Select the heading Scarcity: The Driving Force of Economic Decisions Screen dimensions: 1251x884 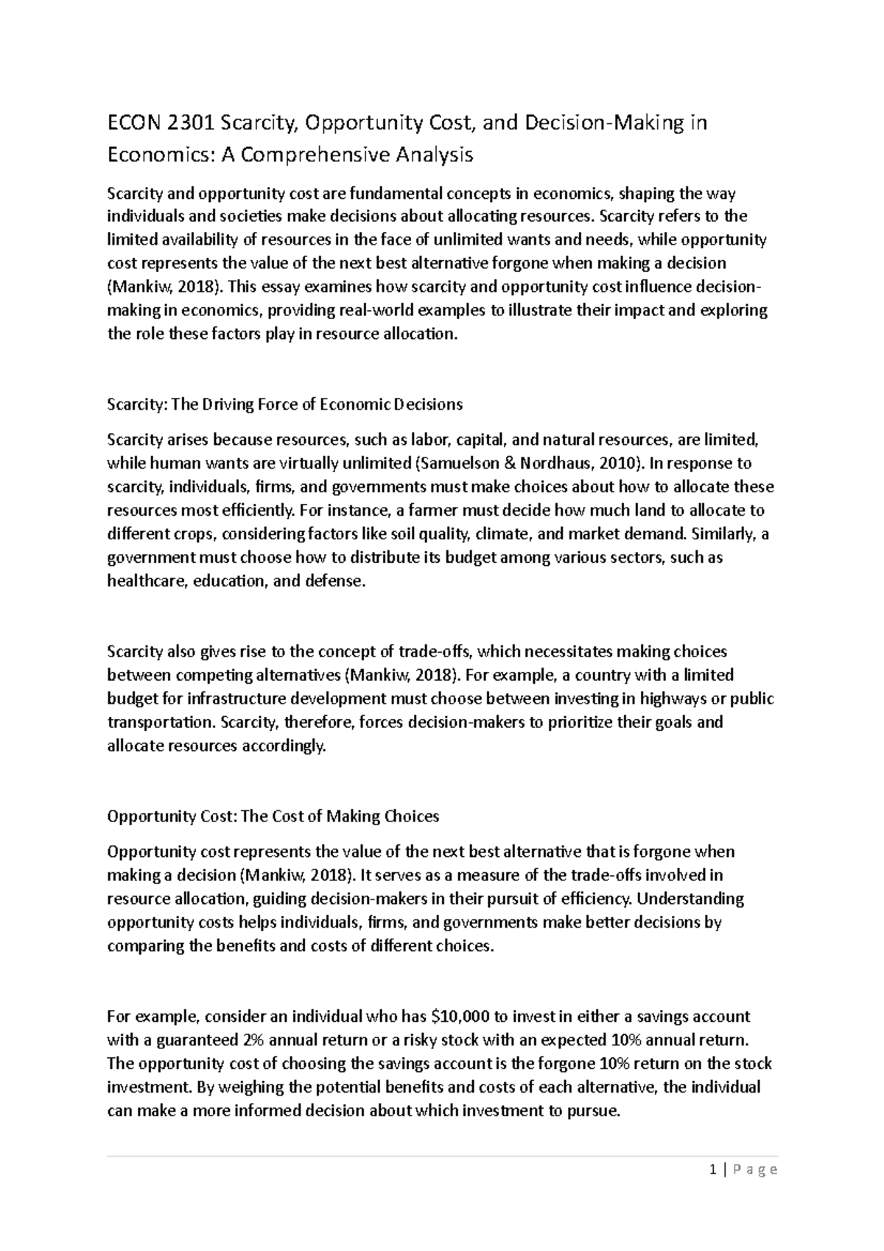tap(284, 404)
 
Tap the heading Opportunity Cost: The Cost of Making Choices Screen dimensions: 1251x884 tap(273, 816)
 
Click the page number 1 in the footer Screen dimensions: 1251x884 tap(713, 1170)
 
